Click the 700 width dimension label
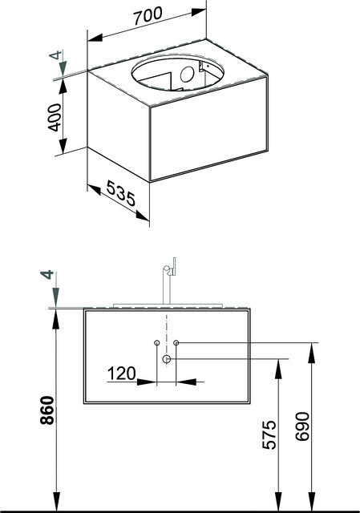tap(148, 16)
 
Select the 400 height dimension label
tap(55, 118)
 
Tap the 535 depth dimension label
tap(121, 194)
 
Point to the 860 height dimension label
tap(47, 410)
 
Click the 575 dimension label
tap(269, 434)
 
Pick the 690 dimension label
tap(301, 426)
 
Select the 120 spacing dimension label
tap(121, 374)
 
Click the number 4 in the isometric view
tap(56, 55)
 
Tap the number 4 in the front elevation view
tap(47, 274)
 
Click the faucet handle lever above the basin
tap(174, 265)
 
